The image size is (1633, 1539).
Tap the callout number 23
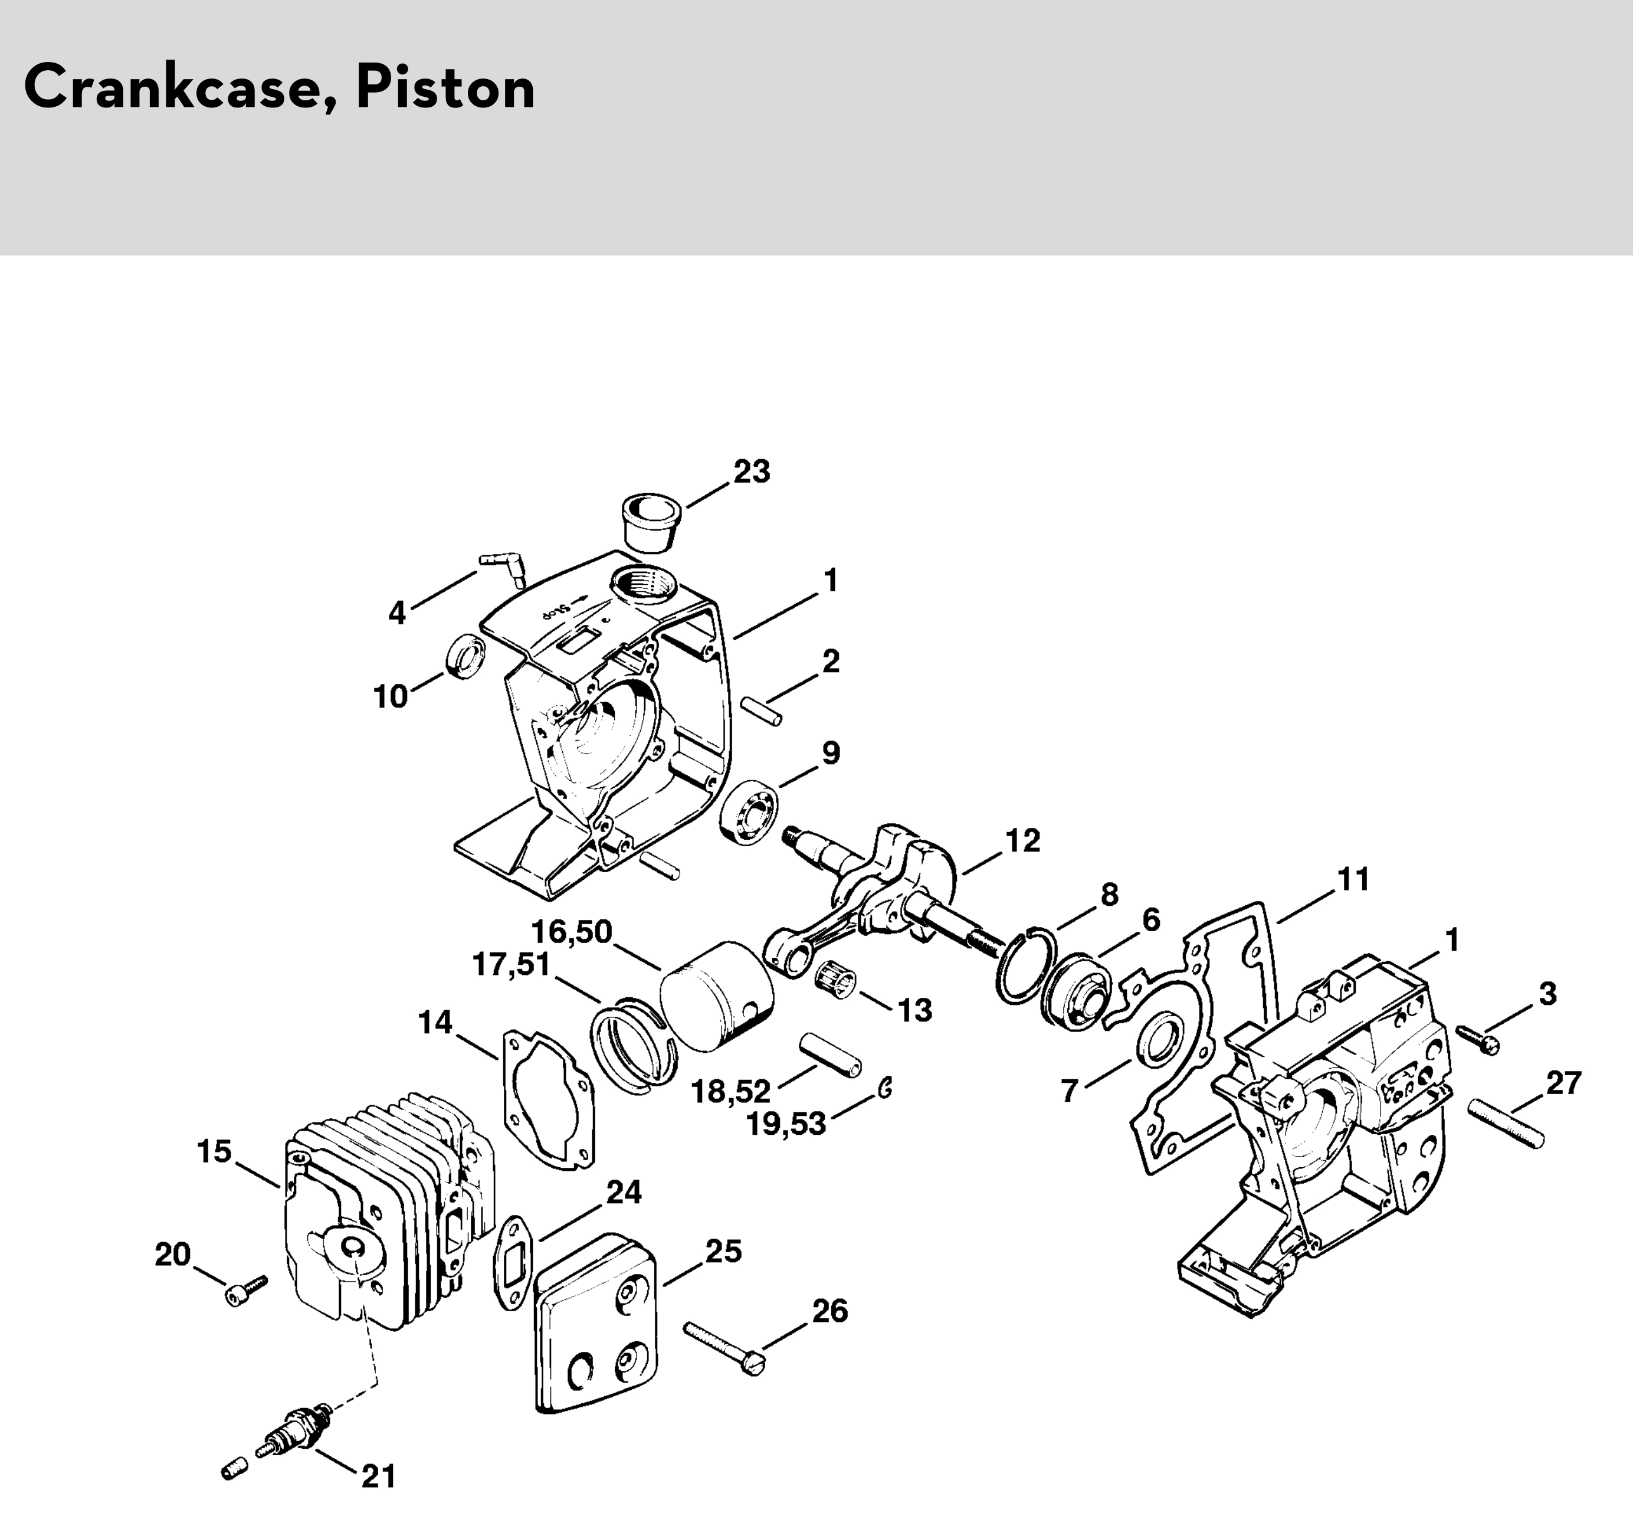[752, 473]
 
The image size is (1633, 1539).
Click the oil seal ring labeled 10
[465, 656]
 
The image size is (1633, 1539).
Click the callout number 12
[1022, 840]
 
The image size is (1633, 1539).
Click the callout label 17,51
[511, 964]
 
